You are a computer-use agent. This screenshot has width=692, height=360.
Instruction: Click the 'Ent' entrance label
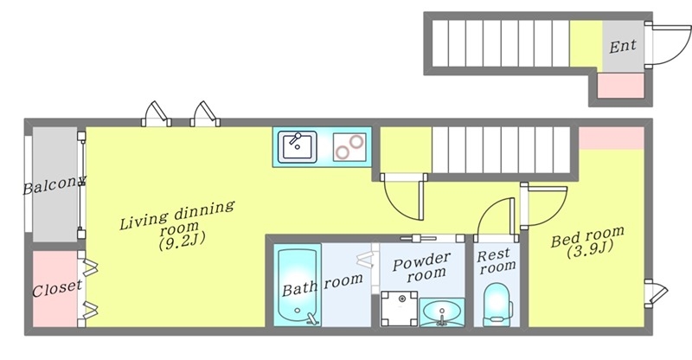[623, 46]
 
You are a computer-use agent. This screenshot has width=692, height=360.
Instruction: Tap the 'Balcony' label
[54, 184]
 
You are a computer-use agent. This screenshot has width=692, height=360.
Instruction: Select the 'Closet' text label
[57, 288]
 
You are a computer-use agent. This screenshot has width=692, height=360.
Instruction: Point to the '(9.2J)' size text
[183, 241]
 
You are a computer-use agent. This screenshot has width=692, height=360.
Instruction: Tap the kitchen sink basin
[297, 146]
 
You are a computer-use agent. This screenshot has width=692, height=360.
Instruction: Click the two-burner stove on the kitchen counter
[349, 147]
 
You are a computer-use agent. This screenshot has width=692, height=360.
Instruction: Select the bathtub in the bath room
[297, 287]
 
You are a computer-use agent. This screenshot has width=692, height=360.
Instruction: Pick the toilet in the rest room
[497, 305]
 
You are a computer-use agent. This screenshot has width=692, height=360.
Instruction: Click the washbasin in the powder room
[442, 312]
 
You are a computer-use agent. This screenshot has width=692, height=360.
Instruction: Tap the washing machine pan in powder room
[399, 308]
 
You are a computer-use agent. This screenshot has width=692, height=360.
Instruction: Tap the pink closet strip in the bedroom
[612, 138]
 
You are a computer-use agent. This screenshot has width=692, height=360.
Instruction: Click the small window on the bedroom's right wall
[656, 293]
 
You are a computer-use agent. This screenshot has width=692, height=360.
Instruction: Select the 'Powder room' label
[422, 267]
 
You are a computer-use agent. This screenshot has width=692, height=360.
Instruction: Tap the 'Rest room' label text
[496, 260]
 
